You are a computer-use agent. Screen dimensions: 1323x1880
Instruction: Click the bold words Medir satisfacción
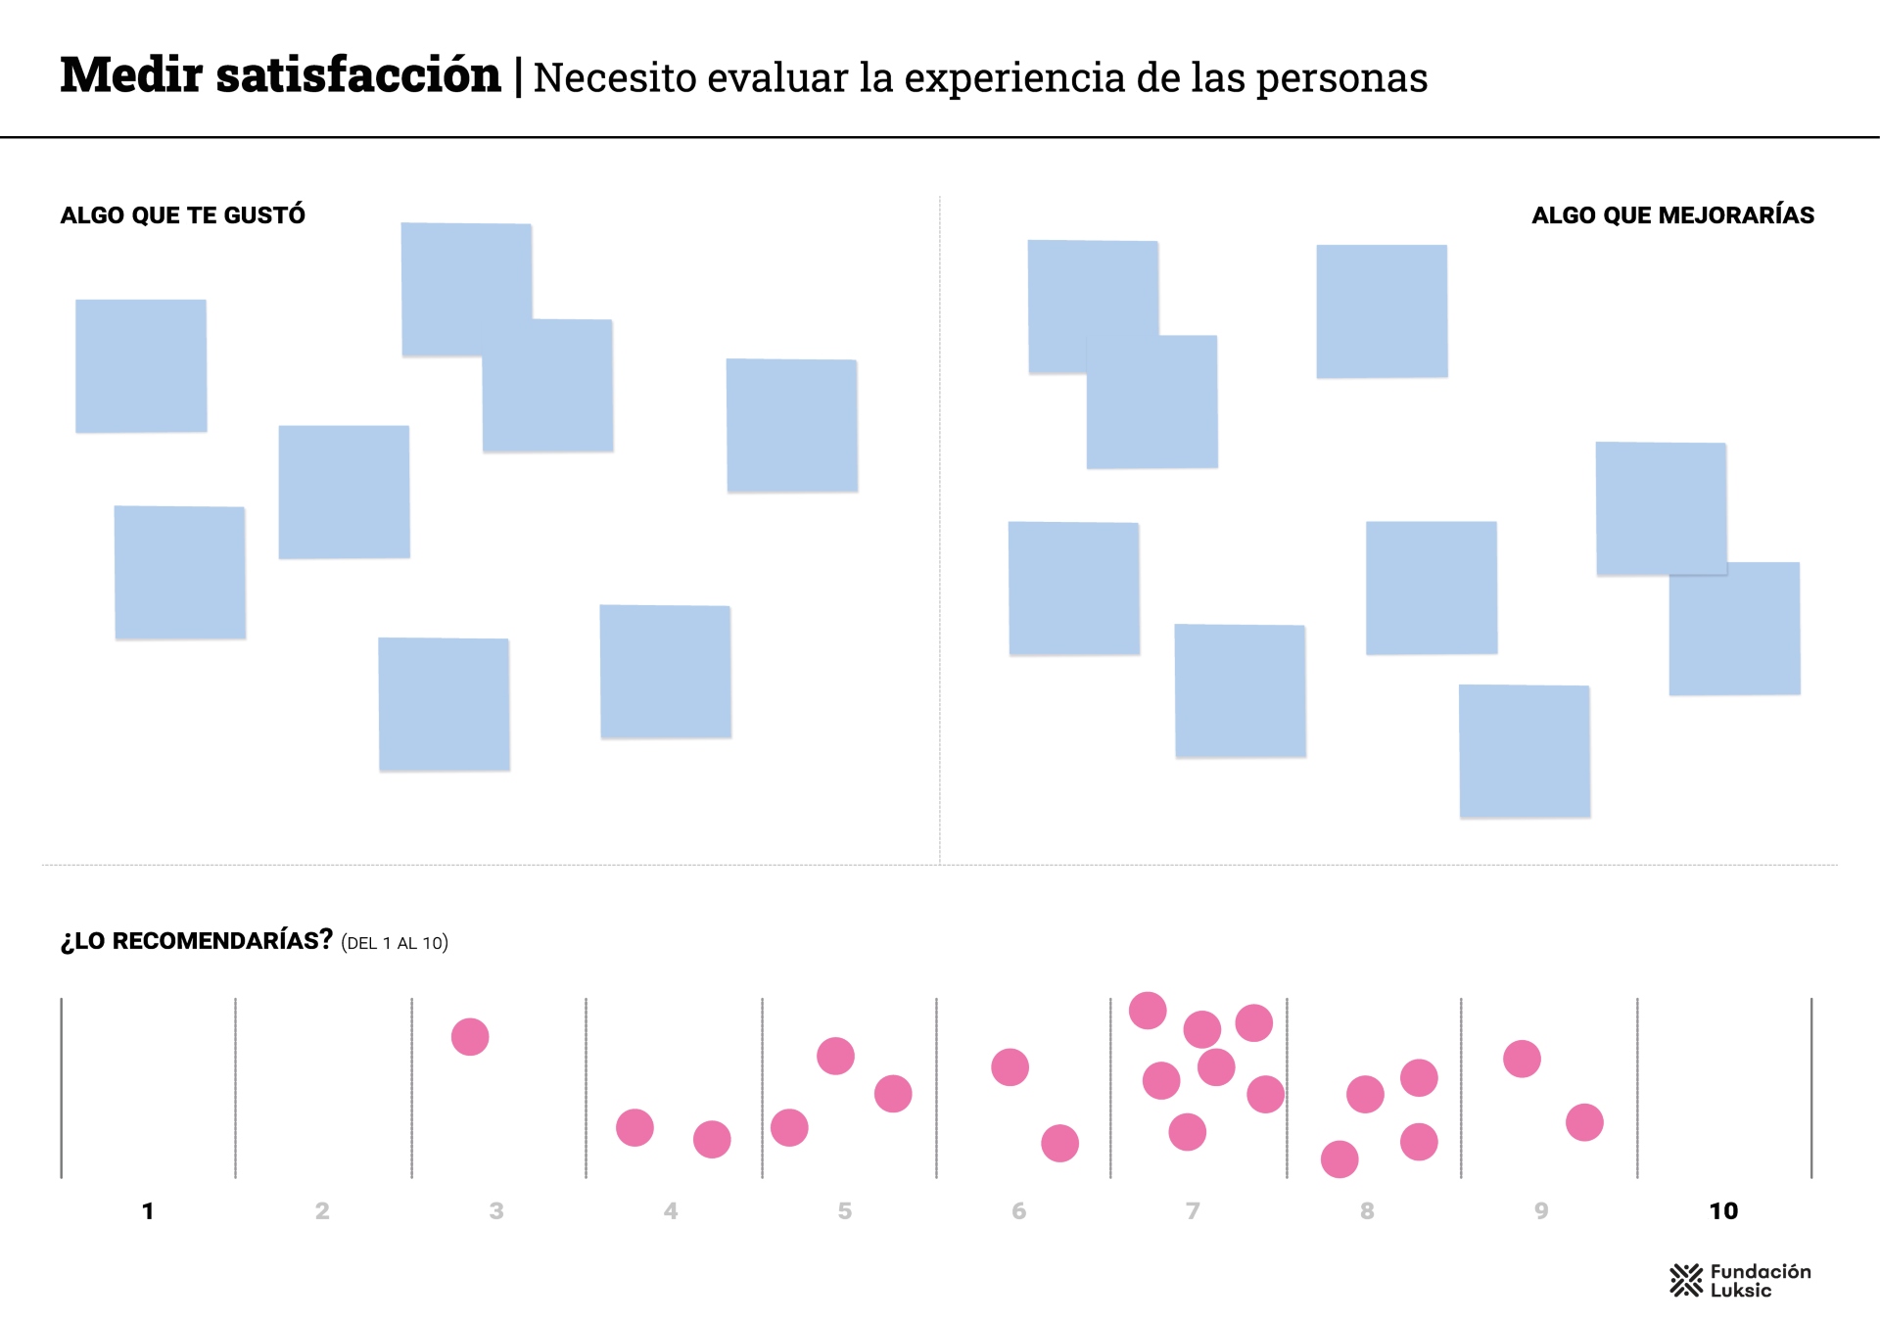click(280, 75)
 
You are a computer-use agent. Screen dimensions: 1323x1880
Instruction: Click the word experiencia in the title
click(1014, 78)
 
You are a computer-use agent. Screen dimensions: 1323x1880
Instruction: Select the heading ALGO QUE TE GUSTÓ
click(183, 215)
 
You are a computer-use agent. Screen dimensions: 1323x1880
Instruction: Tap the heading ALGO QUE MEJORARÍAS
click(1672, 215)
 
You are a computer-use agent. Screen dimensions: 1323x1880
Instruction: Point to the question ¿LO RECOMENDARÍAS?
click(197, 941)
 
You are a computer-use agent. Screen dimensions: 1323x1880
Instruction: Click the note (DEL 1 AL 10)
click(395, 943)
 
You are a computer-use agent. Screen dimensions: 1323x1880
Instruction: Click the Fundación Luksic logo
click(1740, 1280)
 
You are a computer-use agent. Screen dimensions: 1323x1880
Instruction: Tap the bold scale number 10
click(1723, 1211)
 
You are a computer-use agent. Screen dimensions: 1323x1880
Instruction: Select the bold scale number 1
click(148, 1211)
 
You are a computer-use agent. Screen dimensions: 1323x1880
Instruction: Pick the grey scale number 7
click(1193, 1211)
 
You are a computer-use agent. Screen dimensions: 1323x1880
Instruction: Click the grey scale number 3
click(496, 1211)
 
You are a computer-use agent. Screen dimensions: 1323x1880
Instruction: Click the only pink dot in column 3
click(470, 1036)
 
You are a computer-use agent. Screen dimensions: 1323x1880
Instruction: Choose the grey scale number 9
click(1541, 1211)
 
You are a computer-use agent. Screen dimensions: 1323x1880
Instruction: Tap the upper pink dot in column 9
click(1522, 1059)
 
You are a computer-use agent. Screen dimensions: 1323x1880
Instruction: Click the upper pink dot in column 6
click(1010, 1066)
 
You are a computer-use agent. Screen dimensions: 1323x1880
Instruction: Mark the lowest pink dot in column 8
click(1339, 1159)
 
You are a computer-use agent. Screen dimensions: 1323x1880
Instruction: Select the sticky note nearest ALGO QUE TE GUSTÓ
click(141, 365)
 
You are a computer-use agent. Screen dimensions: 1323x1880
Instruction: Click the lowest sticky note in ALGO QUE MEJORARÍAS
click(1525, 751)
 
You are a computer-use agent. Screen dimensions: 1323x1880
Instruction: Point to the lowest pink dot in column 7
click(1187, 1132)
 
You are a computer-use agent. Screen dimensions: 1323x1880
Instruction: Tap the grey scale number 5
click(845, 1211)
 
